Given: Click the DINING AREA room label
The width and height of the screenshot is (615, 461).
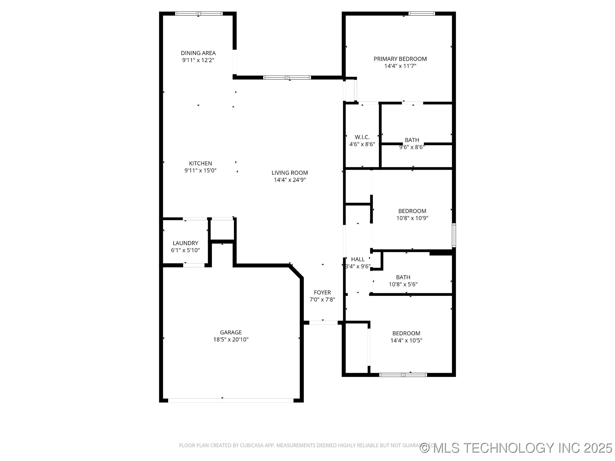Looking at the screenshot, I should pyautogui.click(x=198, y=53).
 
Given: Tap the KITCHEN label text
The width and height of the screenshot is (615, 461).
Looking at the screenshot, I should pyautogui.click(x=200, y=164).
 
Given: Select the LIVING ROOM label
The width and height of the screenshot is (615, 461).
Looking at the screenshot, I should pyautogui.click(x=290, y=173).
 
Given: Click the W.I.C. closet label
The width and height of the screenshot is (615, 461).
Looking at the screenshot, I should pyautogui.click(x=362, y=137).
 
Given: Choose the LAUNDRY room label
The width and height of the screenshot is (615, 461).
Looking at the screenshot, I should pyautogui.click(x=185, y=243).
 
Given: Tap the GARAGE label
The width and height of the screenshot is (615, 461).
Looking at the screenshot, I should pyautogui.click(x=231, y=333).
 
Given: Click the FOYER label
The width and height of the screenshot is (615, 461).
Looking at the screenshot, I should pyautogui.click(x=322, y=293).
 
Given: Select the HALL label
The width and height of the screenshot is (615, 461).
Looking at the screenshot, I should pyautogui.click(x=358, y=259).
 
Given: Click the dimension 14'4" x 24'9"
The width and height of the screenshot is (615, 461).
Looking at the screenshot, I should pyautogui.click(x=290, y=180).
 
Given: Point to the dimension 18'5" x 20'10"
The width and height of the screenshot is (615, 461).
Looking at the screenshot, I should pyautogui.click(x=231, y=340).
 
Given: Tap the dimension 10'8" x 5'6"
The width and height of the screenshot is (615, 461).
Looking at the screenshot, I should pyautogui.click(x=403, y=285).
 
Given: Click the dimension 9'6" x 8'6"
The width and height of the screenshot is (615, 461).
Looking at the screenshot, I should pyautogui.click(x=411, y=147).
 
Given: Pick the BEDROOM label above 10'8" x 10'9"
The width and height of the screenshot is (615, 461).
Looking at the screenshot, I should pyautogui.click(x=412, y=211).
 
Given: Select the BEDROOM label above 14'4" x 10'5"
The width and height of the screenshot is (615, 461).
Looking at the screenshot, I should pyautogui.click(x=406, y=333).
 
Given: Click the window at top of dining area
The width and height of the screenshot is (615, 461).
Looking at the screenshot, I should pyautogui.click(x=199, y=14).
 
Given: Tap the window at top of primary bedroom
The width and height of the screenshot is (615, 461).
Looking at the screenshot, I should pyautogui.click(x=422, y=14).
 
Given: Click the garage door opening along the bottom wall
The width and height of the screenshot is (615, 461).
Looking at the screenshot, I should pyautogui.click(x=231, y=400).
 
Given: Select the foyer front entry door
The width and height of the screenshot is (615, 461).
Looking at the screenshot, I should pyautogui.click(x=323, y=323).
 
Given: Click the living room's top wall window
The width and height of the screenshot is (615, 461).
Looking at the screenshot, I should pyautogui.click(x=287, y=77).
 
